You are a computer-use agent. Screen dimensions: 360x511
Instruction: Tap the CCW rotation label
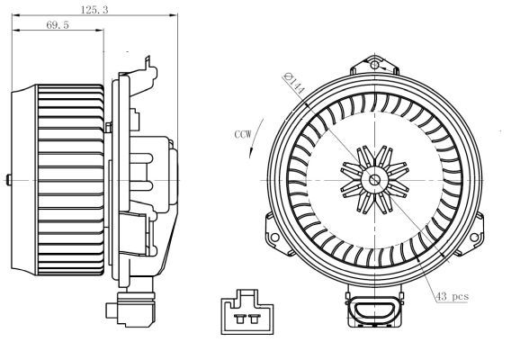tap(243, 134)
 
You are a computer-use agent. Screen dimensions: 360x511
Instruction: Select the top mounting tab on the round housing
tap(375, 64)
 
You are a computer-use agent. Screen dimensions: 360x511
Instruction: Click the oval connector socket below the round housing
tap(372, 310)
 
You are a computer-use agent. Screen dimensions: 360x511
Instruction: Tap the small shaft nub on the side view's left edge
tap(8, 181)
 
